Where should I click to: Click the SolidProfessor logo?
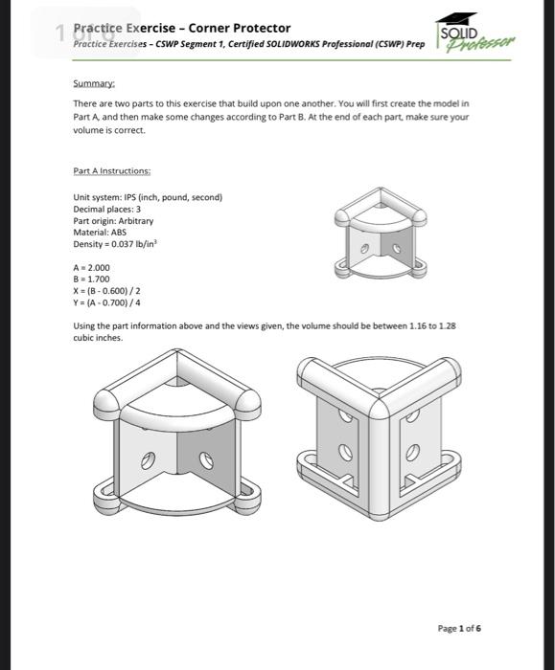[x=474, y=34]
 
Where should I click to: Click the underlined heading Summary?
[x=92, y=83]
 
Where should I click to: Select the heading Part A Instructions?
[x=111, y=171]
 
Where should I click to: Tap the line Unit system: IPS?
[x=148, y=198]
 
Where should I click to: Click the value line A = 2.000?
[x=92, y=267]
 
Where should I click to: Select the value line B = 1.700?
[x=92, y=279]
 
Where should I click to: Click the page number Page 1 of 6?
[x=459, y=629]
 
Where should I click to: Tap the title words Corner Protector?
[x=239, y=29]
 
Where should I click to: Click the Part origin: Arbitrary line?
[x=113, y=221]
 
